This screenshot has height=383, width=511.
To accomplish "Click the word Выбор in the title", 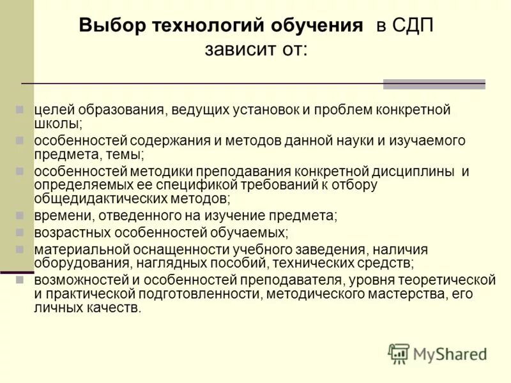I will tap(112, 27).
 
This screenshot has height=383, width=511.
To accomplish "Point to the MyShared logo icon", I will tap(399, 354).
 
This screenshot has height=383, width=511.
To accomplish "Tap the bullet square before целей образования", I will tap(20, 110).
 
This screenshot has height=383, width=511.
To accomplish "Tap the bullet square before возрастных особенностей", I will tap(20, 232).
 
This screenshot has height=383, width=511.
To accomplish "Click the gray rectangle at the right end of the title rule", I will tap(434, 84).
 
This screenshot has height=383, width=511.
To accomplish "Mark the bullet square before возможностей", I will tap(20, 280).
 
